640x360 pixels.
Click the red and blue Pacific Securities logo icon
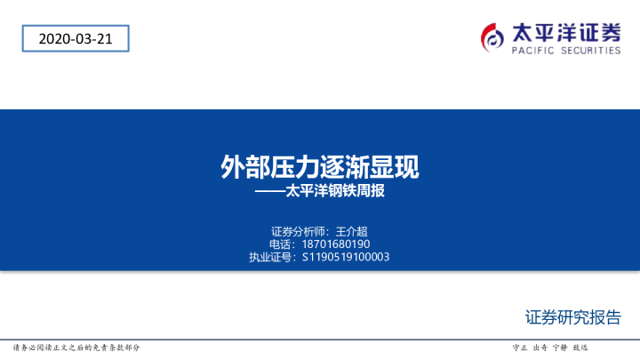tap(492, 37)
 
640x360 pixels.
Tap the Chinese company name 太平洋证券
tap(566, 32)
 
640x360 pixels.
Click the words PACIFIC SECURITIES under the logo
tap(566, 52)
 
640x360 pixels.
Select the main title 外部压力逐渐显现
tap(320, 166)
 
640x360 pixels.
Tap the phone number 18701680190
tap(337, 244)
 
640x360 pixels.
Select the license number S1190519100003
tap(346, 257)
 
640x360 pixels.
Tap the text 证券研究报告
tap(572, 317)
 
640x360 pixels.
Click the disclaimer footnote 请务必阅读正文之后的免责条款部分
tap(76, 347)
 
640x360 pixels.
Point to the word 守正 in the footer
tap(521, 347)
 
